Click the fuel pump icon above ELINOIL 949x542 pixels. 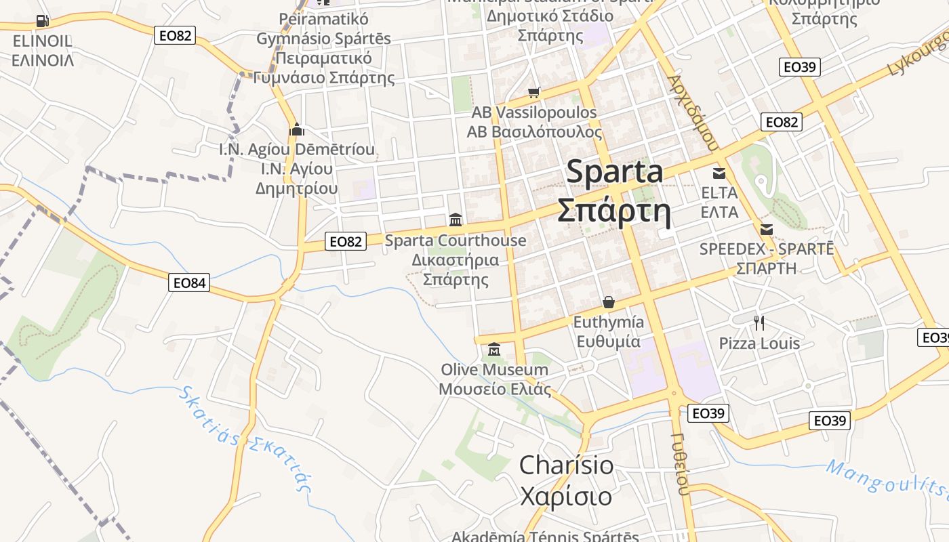coord(43,21)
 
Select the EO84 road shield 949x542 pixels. coord(189,283)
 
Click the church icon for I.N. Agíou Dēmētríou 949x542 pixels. coord(296,129)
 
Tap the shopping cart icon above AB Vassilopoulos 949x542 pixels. coord(534,92)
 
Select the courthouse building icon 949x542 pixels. coord(456,220)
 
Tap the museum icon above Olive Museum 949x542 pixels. coord(493,350)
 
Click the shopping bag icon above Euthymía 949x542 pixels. coord(608,301)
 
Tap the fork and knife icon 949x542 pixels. coord(759,323)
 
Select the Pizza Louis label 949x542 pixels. coord(759,343)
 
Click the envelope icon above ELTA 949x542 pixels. coord(719,173)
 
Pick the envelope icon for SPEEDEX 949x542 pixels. coord(767,229)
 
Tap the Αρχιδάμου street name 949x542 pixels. coord(691,112)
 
